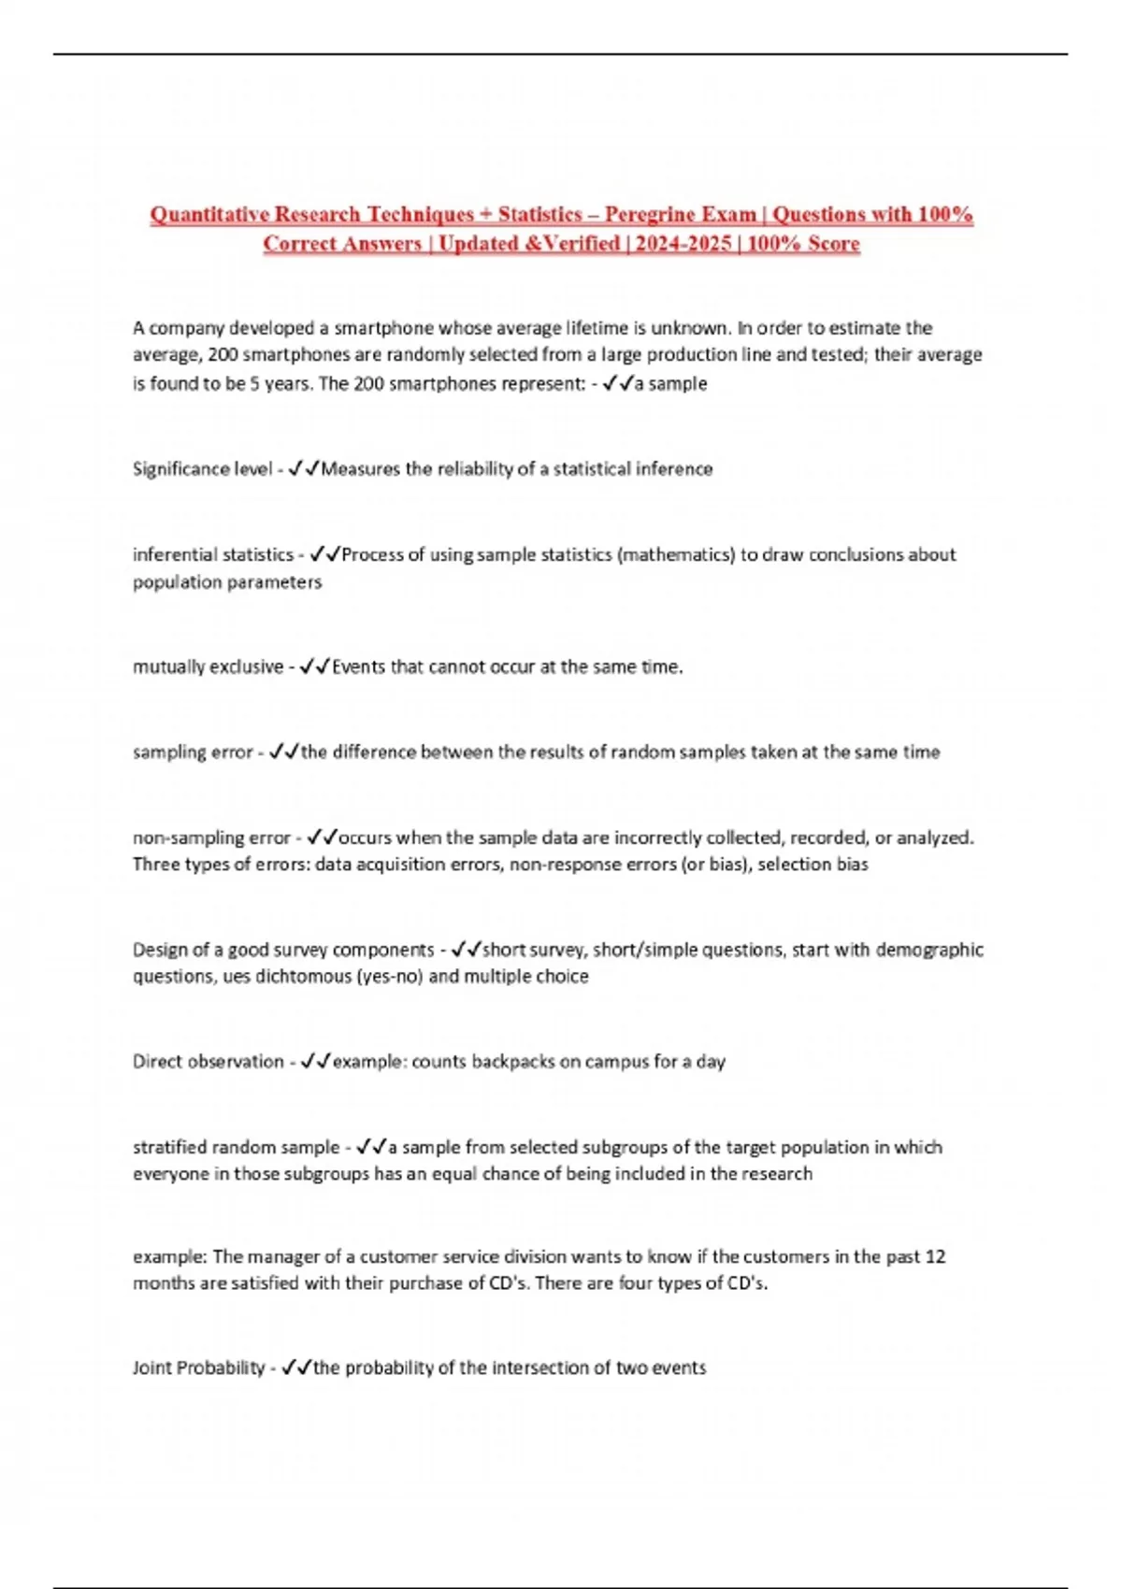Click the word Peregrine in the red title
click(651, 214)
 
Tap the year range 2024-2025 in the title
click(684, 244)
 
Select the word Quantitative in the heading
click(208, 214)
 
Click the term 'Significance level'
click(202, 469)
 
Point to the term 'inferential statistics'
click(213, 554)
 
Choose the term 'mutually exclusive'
click(208, 667)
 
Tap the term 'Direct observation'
click(208, 1062)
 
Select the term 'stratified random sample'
click(236, 1147)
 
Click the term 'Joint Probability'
click(199, 1368)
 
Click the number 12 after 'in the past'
click(935, 1257)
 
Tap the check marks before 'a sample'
click(618, 383)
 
